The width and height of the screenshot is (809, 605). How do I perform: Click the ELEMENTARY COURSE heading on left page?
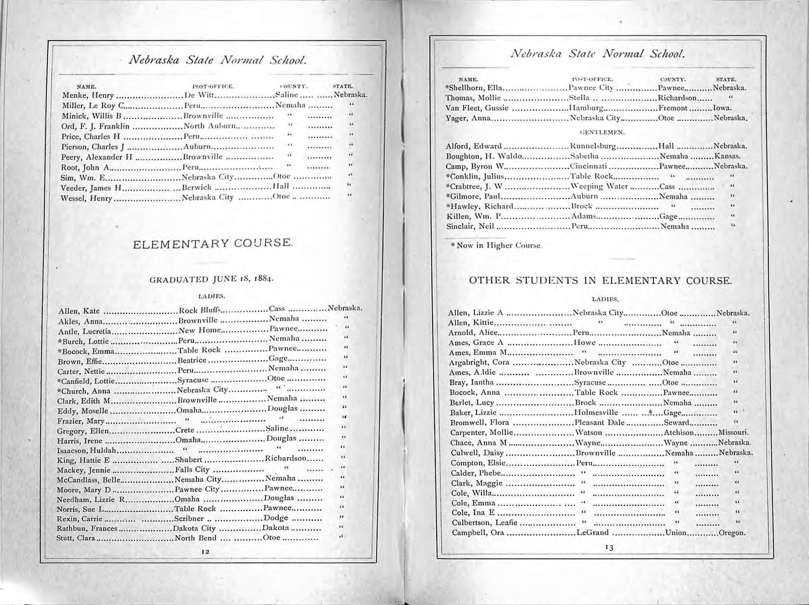tap(213, 243)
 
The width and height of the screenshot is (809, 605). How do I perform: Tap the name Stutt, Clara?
tap(76, 538)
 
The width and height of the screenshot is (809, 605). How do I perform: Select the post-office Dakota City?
tap(195, 528)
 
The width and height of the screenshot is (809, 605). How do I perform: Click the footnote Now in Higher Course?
tap(495, 246)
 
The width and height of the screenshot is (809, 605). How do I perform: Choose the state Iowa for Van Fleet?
tap(722, 108)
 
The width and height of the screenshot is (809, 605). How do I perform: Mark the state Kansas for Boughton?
tap(727, 156)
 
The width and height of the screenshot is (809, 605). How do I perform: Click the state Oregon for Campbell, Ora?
tap(732, 533)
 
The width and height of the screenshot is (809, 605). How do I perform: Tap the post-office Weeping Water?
tap(599, 186)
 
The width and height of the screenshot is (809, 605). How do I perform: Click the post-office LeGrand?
tap(592, 533)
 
